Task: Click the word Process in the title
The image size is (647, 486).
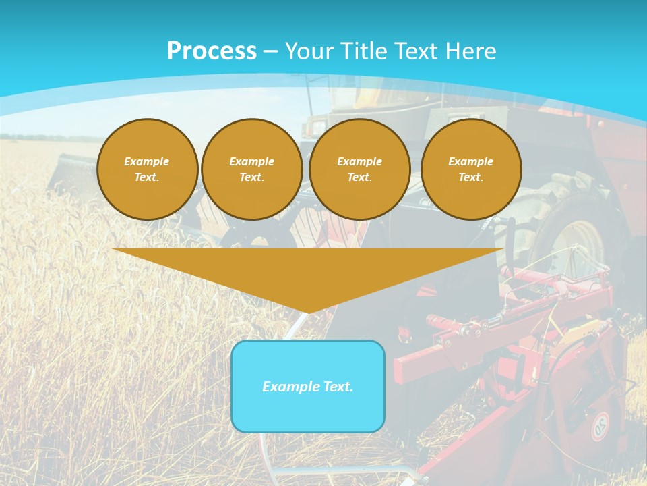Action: click(x=212, y=51)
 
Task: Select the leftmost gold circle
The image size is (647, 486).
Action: click(x=148, y=169)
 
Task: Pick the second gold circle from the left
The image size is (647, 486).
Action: click(x=252, y=169)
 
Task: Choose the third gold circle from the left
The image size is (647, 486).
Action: click(x=360, y=169)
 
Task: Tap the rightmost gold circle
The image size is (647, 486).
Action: click(x=471, y=169)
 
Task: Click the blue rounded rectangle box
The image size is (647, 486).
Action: click(x=308, y=405)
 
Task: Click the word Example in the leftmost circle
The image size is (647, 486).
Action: click(x=147, y=161)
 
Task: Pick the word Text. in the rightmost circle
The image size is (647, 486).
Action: click(x=471, y=177)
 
